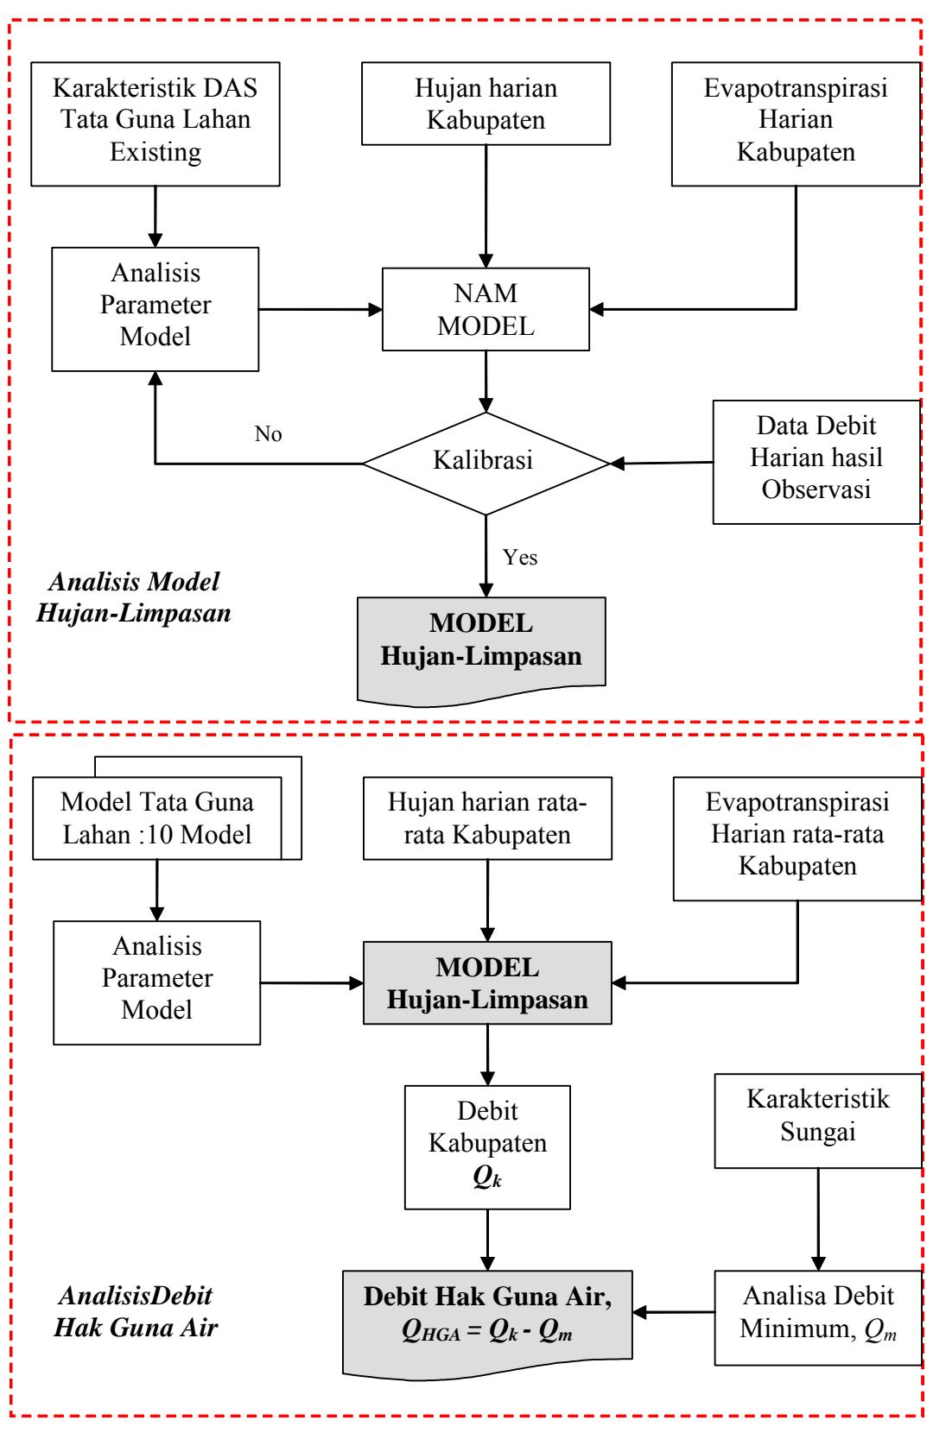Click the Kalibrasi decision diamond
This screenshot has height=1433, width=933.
[486, 464]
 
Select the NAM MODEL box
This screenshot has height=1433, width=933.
[486, 309]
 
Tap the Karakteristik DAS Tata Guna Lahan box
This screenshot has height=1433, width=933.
[155, 124]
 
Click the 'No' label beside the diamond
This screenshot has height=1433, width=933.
[269, 433]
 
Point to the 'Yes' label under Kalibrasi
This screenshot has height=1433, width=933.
[520, 557]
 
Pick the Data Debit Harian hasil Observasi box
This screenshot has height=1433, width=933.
[816, 462]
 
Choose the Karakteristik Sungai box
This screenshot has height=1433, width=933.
[818, 1121]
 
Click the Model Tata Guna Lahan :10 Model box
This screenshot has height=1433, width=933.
[157, 818]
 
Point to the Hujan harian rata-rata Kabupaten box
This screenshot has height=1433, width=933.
[487, 818]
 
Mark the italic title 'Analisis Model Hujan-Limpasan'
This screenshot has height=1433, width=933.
[134, 597]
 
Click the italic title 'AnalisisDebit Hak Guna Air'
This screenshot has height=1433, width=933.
[136, 1311]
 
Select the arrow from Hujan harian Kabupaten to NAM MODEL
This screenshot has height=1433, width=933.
[486, 206]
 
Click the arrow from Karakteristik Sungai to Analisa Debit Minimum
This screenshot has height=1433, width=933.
[818, 1219]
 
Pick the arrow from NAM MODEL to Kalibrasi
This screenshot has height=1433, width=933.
[486, 382]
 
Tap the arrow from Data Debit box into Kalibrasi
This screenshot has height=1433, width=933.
[662, 463]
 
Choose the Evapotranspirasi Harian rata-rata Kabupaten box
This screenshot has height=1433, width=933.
[797, 839]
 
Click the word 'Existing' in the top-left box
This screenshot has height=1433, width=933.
[155, 152]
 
